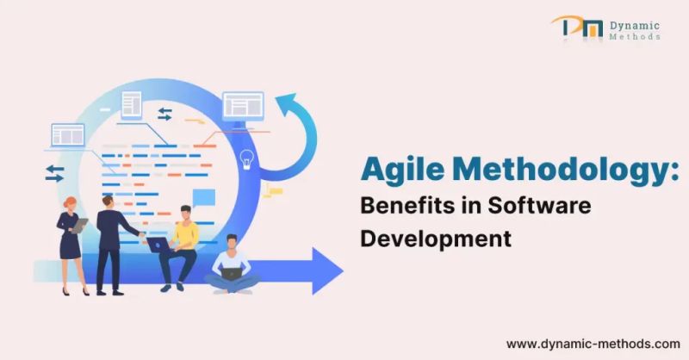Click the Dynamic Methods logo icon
pos(574,28)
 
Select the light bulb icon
pos(247,158)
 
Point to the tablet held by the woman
pos(80,225)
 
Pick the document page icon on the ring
pos(131,105)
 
